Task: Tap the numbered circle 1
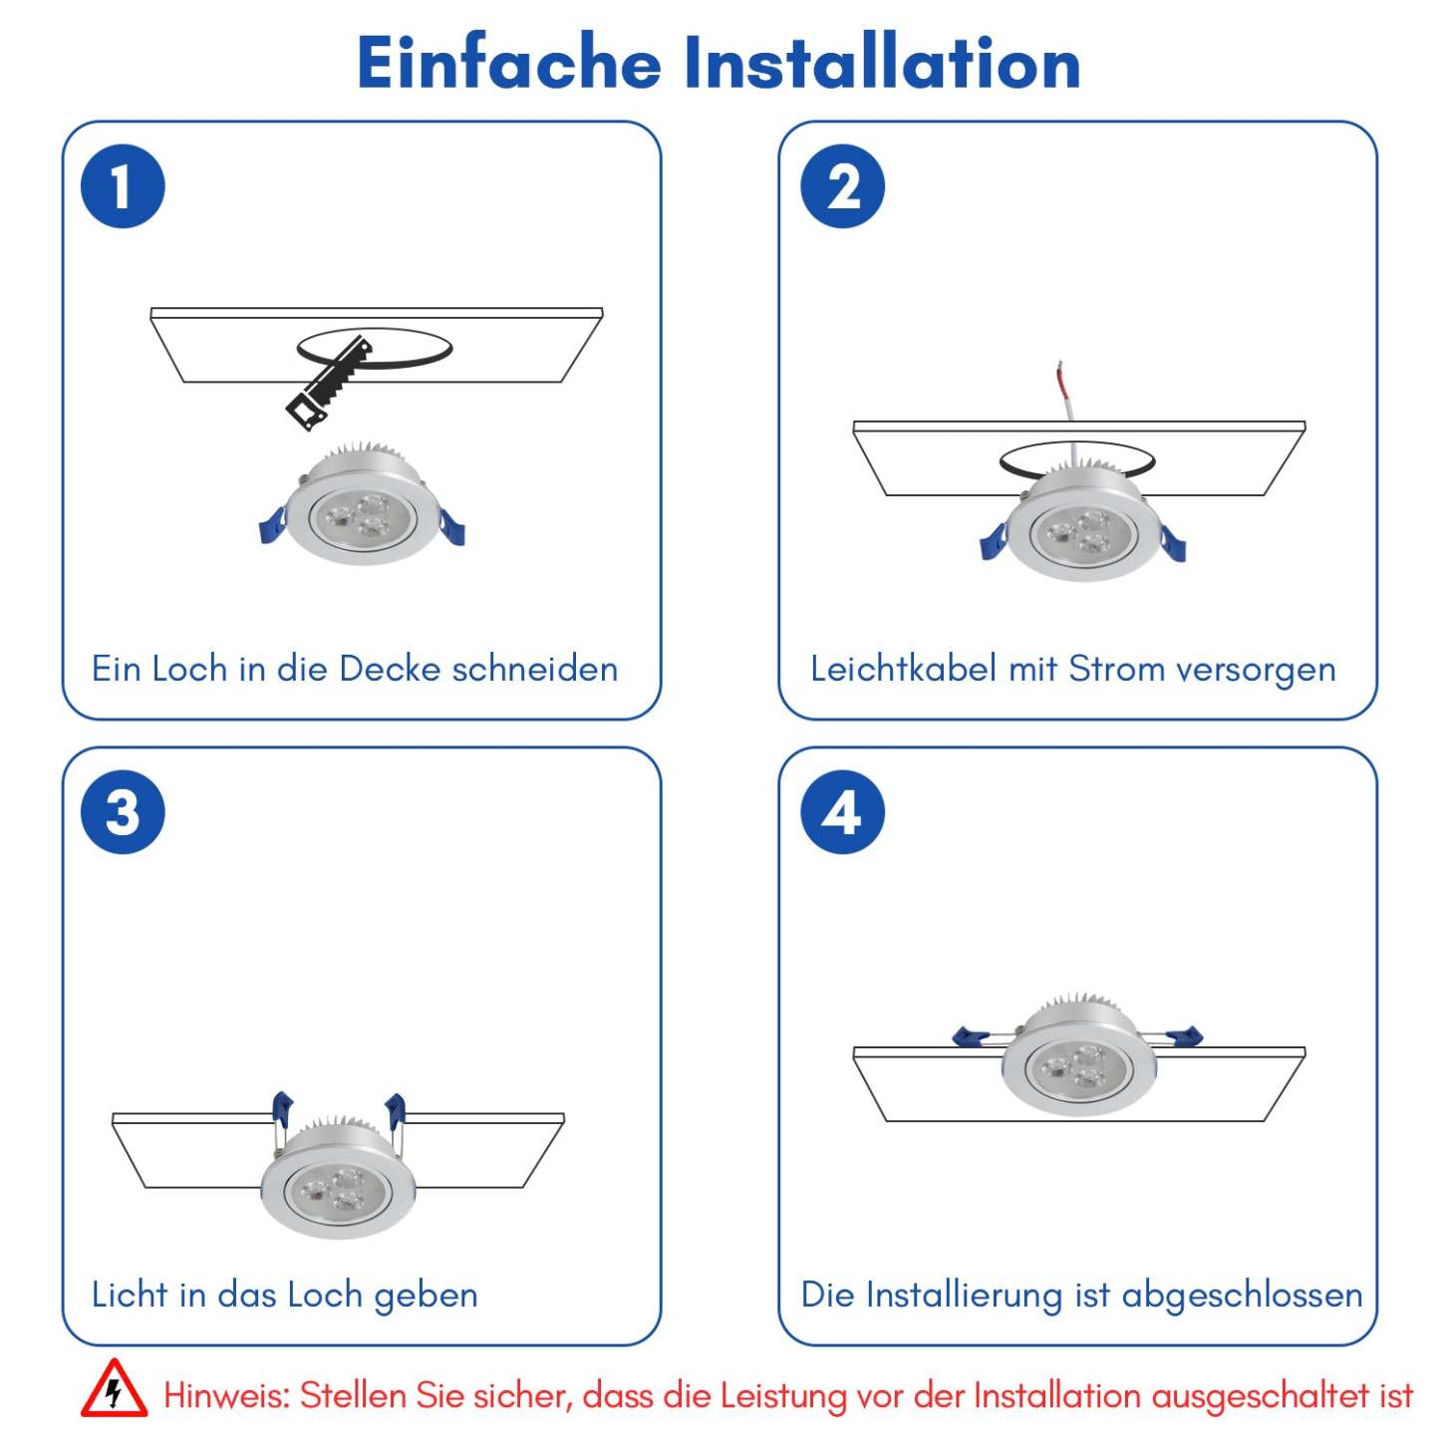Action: point(123,186)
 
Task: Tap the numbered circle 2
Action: point(842,186)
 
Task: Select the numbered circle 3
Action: point(123,812)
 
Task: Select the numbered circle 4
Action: point(842,812)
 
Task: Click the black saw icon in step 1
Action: point(330,384)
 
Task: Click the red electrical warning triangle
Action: point(114,1388)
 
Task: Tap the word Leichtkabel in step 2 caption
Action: point(904,669)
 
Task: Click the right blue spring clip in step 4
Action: point(1184,1036)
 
